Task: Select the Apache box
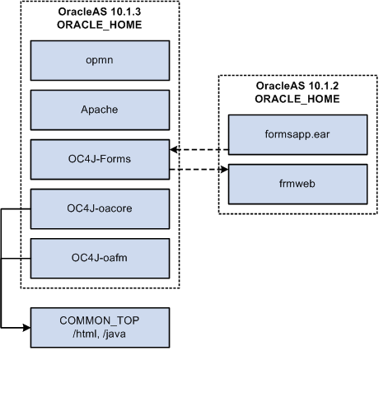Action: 99,110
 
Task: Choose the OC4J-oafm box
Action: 99,258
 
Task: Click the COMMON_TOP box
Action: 99,327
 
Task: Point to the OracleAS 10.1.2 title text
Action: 297,86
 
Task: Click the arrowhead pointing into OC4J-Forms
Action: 173,151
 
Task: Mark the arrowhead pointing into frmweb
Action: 223,171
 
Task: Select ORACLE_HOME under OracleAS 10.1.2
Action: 297,99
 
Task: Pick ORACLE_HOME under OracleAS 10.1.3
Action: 99,25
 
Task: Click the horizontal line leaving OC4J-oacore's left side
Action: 16,208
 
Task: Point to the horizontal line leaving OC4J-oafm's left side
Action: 16,258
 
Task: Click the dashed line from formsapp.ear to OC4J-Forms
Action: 202,151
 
